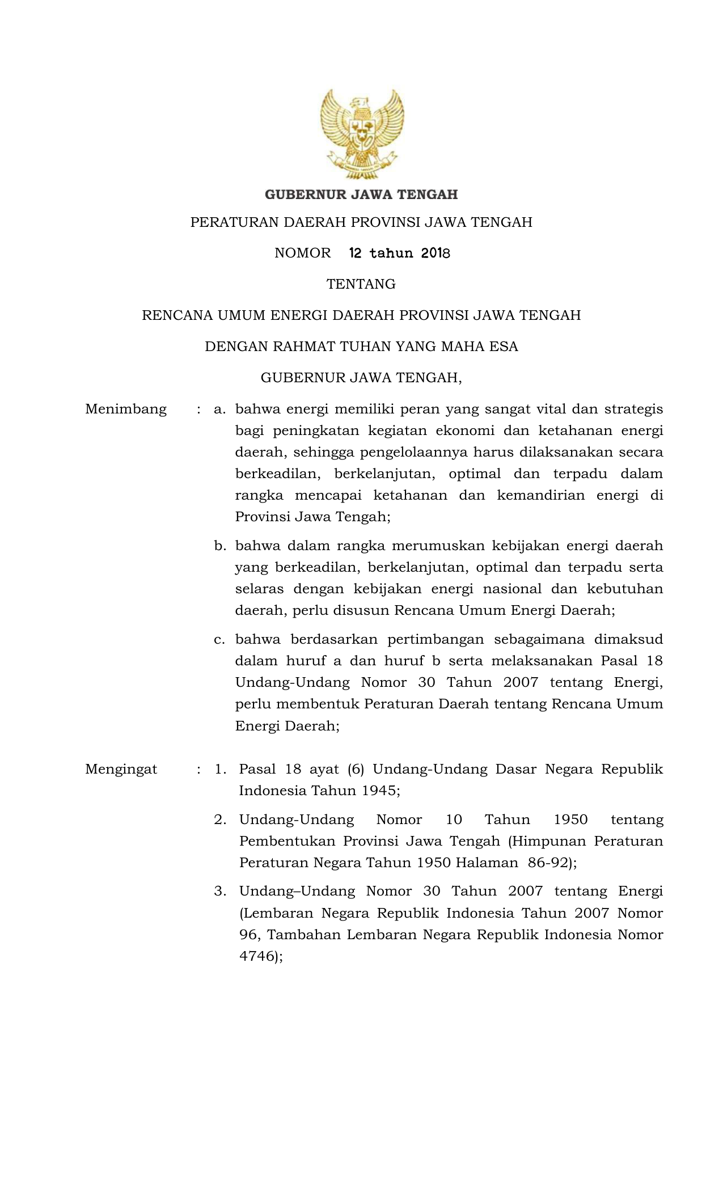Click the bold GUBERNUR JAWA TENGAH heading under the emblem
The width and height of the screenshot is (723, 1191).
point(361,195)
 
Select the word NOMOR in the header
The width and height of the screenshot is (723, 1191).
point(302,253)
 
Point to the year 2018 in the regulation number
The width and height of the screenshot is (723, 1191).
point(435,253)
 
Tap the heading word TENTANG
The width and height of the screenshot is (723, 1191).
point(361,284)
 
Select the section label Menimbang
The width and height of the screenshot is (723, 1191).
point(126,409)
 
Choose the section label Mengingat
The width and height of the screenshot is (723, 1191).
point(121,769)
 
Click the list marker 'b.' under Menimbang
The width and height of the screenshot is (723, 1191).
point(220,546)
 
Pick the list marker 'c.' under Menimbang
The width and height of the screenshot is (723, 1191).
point(220,639)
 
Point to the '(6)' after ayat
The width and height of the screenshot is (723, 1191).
point(356,769)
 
